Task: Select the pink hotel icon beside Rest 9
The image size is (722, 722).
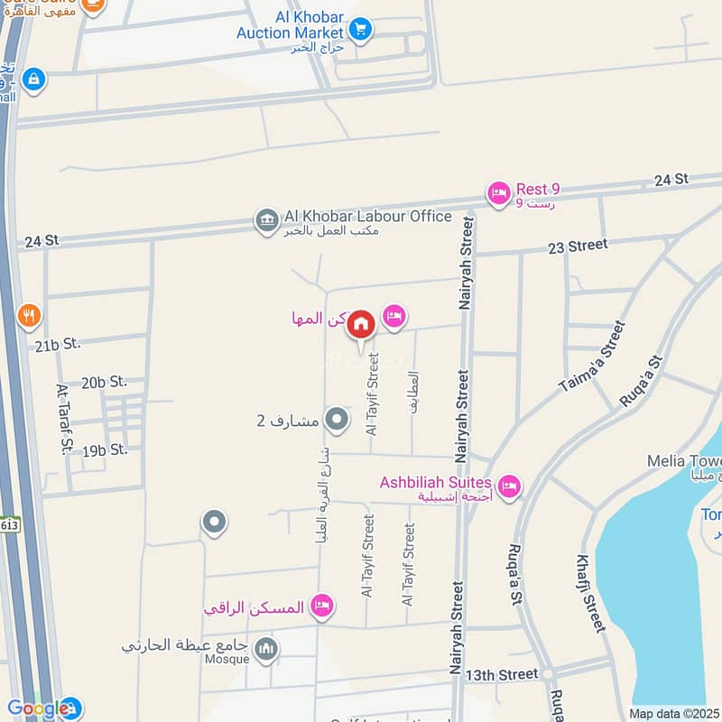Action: [498, 192]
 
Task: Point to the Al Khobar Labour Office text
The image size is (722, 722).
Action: [367, 216]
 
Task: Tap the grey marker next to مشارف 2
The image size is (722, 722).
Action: [337, 420]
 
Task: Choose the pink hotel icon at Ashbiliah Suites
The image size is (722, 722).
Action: [510, 487]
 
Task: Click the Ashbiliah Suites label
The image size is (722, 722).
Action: [435, 483]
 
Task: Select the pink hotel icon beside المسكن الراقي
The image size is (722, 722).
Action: [321, 606]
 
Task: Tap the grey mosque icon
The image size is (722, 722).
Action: [266, 648]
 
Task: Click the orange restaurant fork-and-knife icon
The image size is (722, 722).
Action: [29, 316]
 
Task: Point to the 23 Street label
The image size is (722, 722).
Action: [577, 245]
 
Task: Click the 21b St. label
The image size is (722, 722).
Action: [58, 345]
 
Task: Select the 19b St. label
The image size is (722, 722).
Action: [104, 449]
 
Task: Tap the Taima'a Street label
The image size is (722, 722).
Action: [592, 356]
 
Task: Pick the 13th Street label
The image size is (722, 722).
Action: [501, 674]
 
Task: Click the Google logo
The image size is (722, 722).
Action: [38, 709]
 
